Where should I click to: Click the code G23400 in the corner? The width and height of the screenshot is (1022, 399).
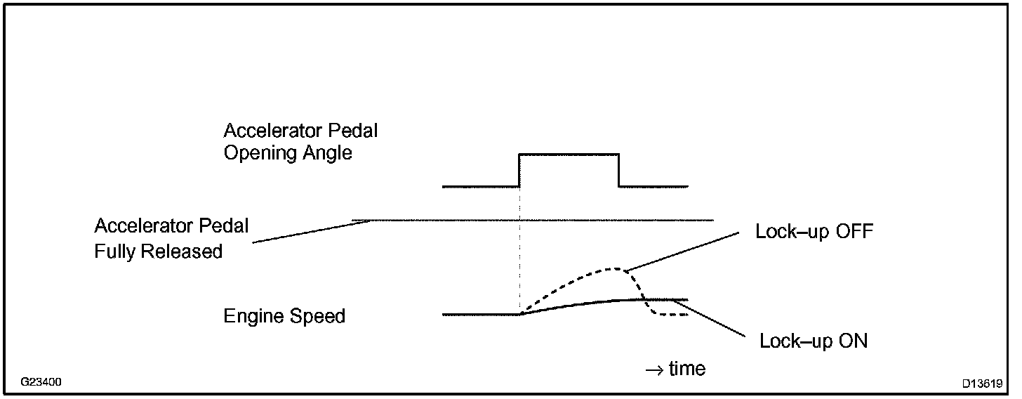point(41,383)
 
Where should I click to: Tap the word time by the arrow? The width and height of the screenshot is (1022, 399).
point(686,368)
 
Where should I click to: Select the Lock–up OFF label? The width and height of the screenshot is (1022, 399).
point(814,231)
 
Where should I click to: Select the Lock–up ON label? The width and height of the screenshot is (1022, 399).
point(814,341)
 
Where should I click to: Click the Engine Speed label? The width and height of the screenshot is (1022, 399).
point(284,316)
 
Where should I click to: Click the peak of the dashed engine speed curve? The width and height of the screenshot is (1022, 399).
point(616,268)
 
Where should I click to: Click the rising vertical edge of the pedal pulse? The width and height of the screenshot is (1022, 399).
point(519,170)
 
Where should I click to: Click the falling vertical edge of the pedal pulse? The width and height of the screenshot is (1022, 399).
point(618,170)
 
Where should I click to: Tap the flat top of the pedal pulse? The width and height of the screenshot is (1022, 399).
point(569,153)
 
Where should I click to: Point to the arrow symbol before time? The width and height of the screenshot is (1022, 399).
point(653,369)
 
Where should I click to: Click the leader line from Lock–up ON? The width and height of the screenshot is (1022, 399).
point(709,320)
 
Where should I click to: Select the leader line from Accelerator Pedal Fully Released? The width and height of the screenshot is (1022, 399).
point(312,231)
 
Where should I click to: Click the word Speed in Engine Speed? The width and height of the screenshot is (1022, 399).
point(319,316)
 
